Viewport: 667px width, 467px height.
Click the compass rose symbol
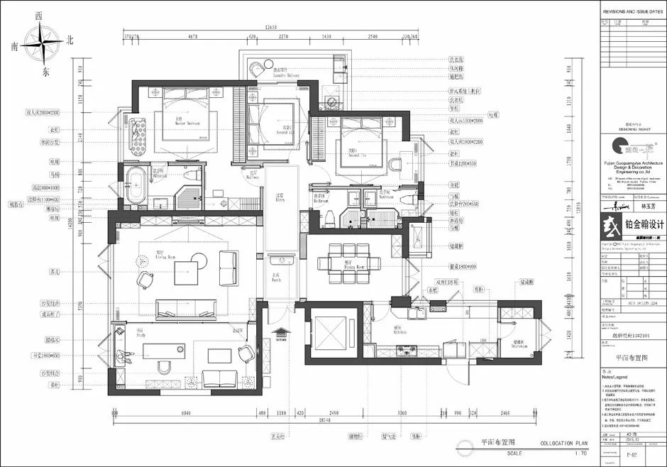click(x=42, y=43)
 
